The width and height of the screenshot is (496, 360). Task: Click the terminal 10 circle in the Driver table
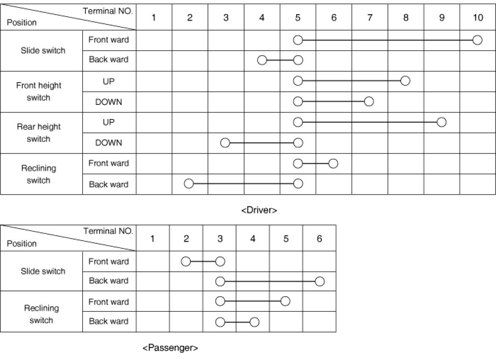pyautogui.click(x=477, y=40)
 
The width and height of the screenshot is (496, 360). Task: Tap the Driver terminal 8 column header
pyautogui.click(x=406, y=18)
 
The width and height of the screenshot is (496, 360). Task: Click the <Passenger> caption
pyautogui.click(x=170, y=348)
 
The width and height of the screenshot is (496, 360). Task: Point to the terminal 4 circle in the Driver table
pyautogui.click(x=262, y=60)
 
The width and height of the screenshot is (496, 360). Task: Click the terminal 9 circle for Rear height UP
pyautogui.click(x=441, y=122)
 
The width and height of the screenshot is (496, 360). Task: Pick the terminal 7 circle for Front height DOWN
pyautogui.click(x=369, y=101)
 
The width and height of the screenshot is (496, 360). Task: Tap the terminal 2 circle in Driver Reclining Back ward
pyautogui.click(x=189, y=184)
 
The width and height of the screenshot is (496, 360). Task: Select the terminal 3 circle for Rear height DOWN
pyautogui.click(x=225, y=143)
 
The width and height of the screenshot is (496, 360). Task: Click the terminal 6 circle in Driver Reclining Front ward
pyautogui.click(x=333, y=163)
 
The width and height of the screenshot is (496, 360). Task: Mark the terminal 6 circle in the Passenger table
pyautogui.click(x=319, y=282)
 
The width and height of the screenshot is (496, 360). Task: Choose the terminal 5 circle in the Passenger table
pyautogui.click(x=285, y=301)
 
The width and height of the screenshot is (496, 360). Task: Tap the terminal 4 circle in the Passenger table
pyautogui.click(x=254, y=322)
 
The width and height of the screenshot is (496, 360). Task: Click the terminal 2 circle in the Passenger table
pyautogui.click(x=186, y=261)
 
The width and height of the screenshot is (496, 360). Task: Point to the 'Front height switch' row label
pyautogui.click(x=39, y=92)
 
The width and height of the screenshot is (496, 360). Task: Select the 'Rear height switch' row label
pyautogui.click(x=39, y=133)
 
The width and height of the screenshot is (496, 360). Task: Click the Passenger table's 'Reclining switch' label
pyautogui.click(x=41, y=314)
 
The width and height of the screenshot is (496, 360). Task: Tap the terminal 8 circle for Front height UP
pyautogui.click(x=405, y=81)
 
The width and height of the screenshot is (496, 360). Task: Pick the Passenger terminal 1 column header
pyautogui.click(x=153, y=238)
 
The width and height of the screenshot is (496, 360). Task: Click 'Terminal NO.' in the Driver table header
pyautogui.click(x=108, y=10)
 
